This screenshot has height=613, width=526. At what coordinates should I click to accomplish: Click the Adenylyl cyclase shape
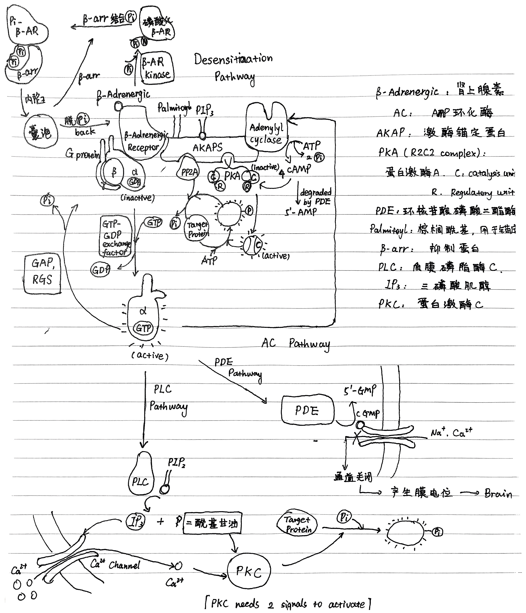(x=266, y=130)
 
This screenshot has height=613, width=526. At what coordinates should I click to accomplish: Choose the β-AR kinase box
(x=157, y=68)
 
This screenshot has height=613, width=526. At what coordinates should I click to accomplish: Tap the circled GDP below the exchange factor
(x=100, y=269)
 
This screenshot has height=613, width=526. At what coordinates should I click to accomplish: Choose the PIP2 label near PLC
(x=176, y=462)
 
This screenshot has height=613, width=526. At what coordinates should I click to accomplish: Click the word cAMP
(x=299, y=169)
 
